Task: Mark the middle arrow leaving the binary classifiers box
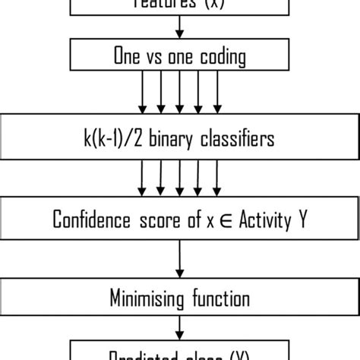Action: pyautogui.click(x=178, y=178)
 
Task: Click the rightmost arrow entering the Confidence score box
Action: pyautogui.click(x=218, y=178)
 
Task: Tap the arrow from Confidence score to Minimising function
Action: pyautogui.click(x=179, y=258)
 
